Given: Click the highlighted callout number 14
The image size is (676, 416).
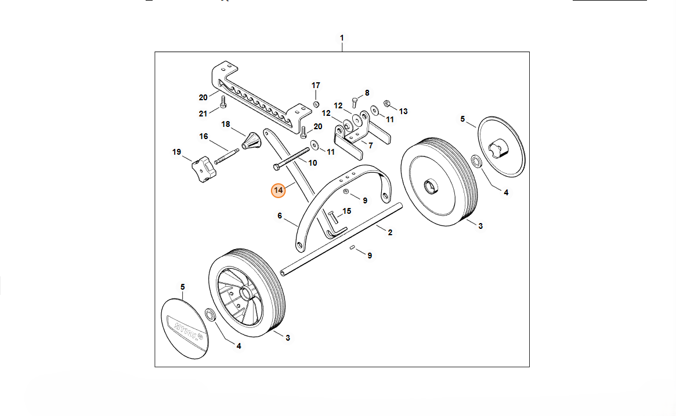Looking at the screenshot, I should tap(279, 190).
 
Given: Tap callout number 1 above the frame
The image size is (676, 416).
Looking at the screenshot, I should tap(342, 38).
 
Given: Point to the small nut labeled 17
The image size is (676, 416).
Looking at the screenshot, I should tap(316, 104).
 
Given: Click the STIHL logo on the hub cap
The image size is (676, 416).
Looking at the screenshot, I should tap(185, 327).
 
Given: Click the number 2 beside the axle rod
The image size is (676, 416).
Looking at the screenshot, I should tap(390, 232).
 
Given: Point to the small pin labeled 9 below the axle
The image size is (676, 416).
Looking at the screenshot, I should tap(352, 247).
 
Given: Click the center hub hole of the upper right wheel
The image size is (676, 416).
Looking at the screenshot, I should tap(432, 187).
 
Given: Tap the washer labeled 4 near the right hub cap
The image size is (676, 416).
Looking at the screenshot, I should tap(475, 160).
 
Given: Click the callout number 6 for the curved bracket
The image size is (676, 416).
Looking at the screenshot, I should tap(280, 216).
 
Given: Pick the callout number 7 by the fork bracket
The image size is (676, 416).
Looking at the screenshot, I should tap(370, 145).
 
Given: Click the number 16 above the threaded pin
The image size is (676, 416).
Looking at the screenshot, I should tap(204, 136).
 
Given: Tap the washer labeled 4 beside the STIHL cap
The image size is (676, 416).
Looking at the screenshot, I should tap(210, 315).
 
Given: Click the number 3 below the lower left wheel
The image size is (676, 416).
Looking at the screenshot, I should tap(288, 337).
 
